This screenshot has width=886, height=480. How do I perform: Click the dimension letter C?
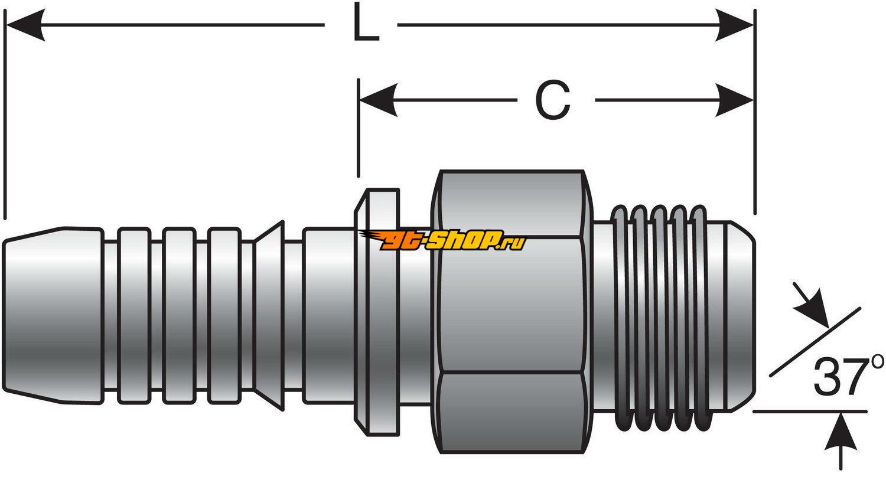552,100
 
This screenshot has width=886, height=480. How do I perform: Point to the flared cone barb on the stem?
269,316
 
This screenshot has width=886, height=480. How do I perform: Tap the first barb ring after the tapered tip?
133,316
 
